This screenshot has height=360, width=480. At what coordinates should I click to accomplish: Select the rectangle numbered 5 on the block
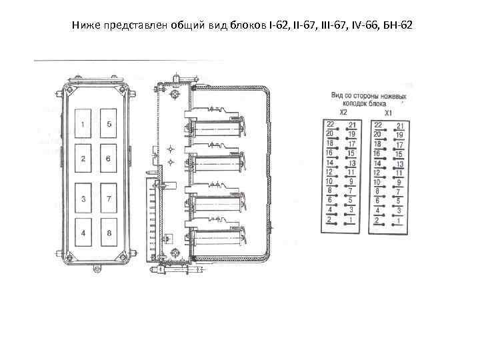tap(109, 125)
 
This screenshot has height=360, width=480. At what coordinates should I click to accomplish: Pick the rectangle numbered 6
tap(109, 159)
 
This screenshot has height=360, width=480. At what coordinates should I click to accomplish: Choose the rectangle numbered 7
tap(109, 199)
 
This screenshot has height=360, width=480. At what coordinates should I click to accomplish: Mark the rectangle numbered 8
tap(109, 233)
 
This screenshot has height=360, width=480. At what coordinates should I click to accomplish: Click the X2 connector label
tap(343, 113)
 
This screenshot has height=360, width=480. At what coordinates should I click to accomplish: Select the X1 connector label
tap(388, 113)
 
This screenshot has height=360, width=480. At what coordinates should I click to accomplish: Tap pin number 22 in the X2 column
tap(330, 125)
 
